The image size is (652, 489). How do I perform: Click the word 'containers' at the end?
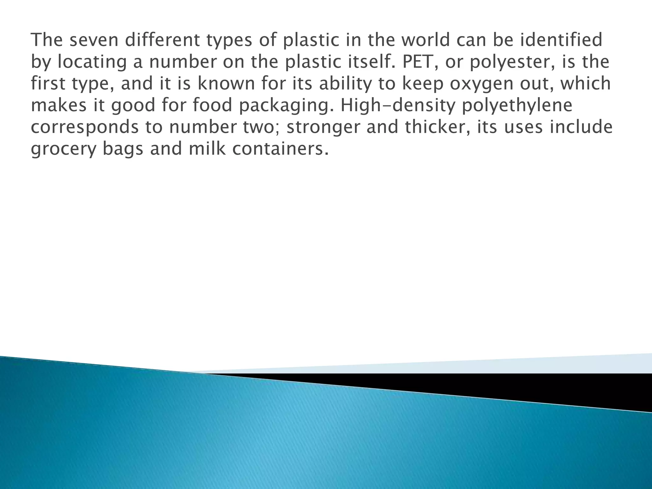pos(279,149)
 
